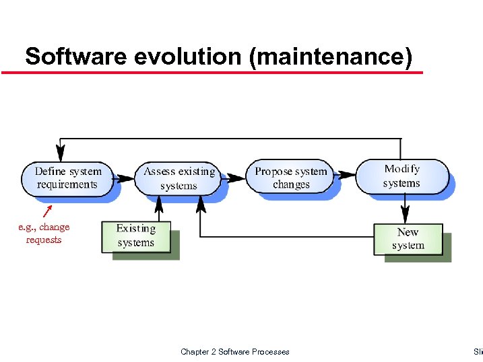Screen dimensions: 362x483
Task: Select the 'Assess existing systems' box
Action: pyautogui.click(x=179, y=178)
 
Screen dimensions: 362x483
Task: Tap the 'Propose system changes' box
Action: pyautogui.click(x=291, y=178)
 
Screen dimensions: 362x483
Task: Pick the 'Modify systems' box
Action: pyautogui.click(x=401, y=176)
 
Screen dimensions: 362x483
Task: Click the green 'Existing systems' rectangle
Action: pyautogui.click(x=136, y=237)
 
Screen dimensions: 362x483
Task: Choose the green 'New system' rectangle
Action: pyautogui.click(x=408, y=239)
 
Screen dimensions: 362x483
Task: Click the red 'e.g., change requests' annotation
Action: pyautogui.click(x=44, y=233)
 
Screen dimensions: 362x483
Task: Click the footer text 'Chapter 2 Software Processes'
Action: pyautogui.click(x=235, y=351)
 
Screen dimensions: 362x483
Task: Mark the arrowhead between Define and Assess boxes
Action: pyautogui.click(x=126, y=178)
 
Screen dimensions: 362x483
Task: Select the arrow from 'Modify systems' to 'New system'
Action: pyautogui.click(x=404, y=209)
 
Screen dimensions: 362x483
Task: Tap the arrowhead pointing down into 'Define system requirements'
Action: pyautogui.click(x=61, y=151)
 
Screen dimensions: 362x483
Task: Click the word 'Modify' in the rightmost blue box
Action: pyautogui.click(x=401, y=169)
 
